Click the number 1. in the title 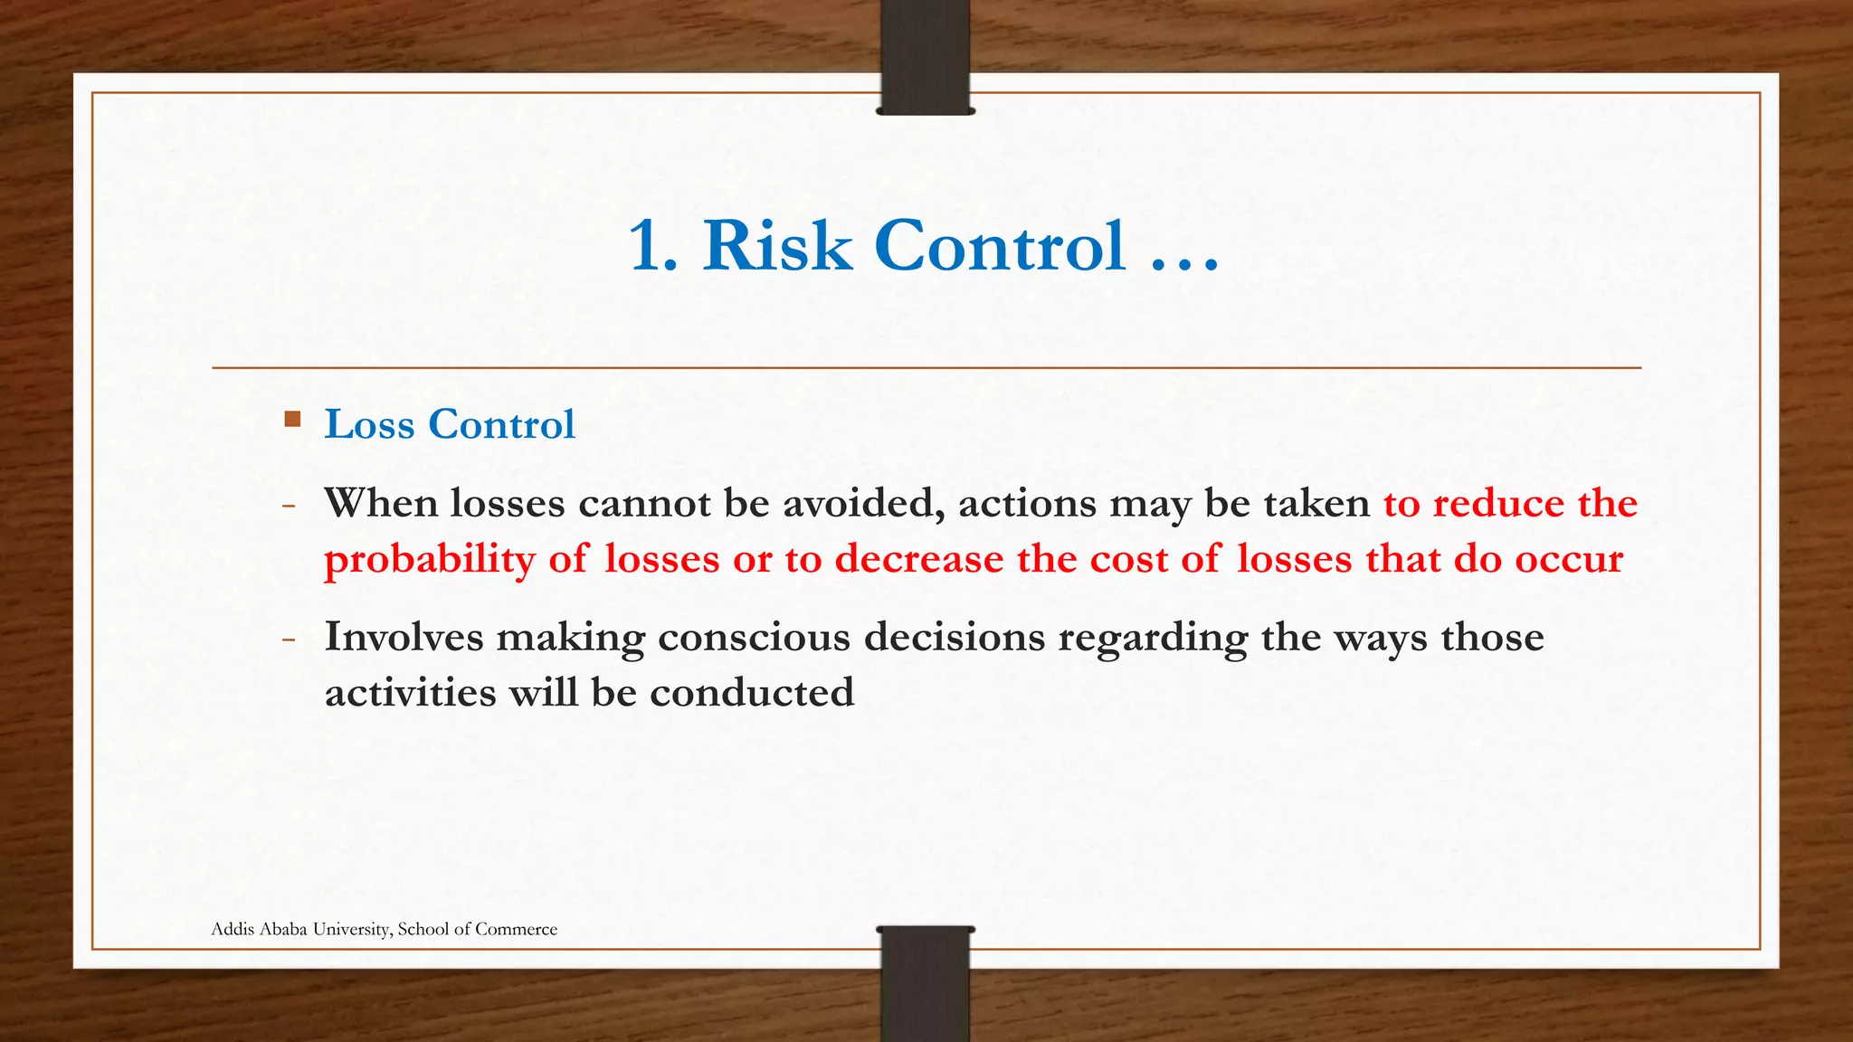click(653, 246)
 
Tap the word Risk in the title click(777, 246)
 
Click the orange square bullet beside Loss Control click(292, 420)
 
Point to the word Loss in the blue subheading click(369, 424)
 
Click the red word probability click(429, 560)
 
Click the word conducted click(751, 694)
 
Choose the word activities click(410, 694)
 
